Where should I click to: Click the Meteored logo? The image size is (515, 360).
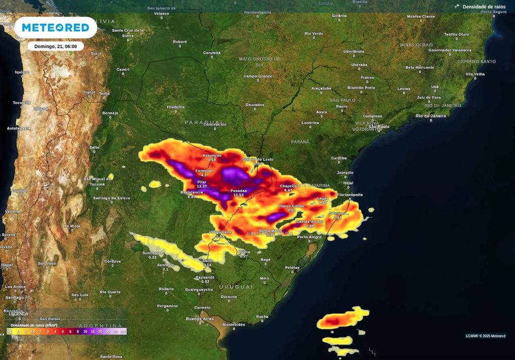pos(55,28)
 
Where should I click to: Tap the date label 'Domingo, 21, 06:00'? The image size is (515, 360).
pos(55,46)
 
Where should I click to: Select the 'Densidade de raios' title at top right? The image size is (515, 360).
pos(484,7)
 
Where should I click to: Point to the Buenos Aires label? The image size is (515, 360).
pos(200,319)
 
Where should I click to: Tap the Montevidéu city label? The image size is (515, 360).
pos(233,325)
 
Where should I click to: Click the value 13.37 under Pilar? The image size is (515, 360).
pos(202,187)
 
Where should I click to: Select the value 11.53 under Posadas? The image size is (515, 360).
pos(238,195)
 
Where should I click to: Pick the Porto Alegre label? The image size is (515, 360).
pos(309,237)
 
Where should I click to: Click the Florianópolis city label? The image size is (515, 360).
pos(350,195)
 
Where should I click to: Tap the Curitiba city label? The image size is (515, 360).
pos(338,158)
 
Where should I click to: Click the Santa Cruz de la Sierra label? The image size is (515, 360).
pos(128,33)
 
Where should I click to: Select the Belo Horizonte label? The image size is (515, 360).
pos(419,67)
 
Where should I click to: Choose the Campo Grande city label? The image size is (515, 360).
pos(257,76)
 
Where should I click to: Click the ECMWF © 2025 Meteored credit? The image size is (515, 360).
pos(485,336)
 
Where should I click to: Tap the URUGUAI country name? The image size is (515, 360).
pos(236,287)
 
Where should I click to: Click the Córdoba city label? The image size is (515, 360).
pos(112,261)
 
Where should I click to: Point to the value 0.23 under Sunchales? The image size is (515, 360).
pos(152,257)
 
